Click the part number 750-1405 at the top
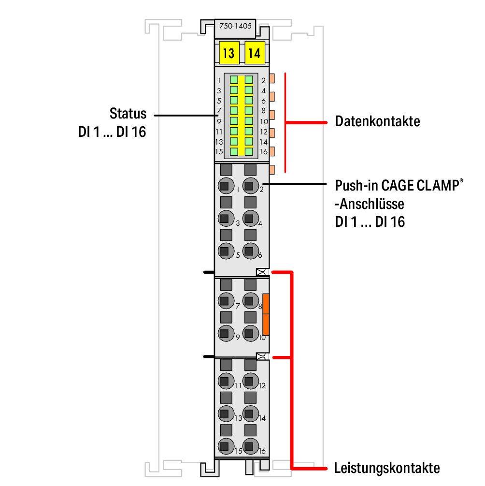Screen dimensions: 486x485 235,27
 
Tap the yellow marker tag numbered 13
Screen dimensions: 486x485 228,53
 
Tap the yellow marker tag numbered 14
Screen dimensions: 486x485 254,53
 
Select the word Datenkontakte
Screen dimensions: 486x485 377,121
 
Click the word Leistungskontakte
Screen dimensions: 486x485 387,468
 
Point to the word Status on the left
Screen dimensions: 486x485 128,114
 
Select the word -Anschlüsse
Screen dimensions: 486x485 370,204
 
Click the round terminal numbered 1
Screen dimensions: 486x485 224,185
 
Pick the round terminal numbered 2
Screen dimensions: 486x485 249,185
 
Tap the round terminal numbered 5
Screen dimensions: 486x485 224,251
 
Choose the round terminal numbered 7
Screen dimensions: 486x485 224,301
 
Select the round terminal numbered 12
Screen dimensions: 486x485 249,381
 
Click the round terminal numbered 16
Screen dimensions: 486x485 249,446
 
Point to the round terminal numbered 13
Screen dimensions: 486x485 224,414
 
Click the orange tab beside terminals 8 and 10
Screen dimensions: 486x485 265,314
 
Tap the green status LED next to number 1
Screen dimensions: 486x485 234,80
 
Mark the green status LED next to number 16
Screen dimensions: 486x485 249,151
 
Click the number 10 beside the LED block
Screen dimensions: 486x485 264,121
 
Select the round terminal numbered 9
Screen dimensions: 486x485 224,333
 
